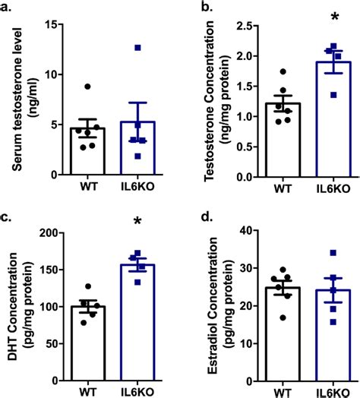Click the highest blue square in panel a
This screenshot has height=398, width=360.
(138, 48)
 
